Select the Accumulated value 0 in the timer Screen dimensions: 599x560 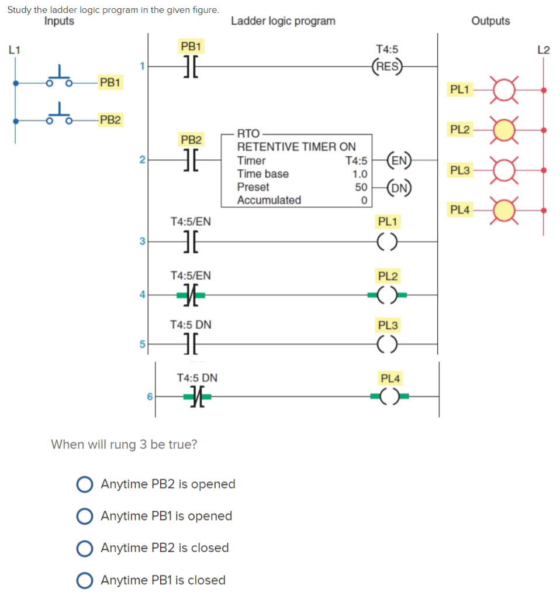pos(364,201)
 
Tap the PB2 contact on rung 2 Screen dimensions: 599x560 pos(189,159)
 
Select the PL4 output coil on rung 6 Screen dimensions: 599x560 pos(387,398)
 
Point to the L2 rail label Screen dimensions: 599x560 pos(543,50)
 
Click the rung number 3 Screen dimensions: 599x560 pos(141,240)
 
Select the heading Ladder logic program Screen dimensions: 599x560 pos(283,21)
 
